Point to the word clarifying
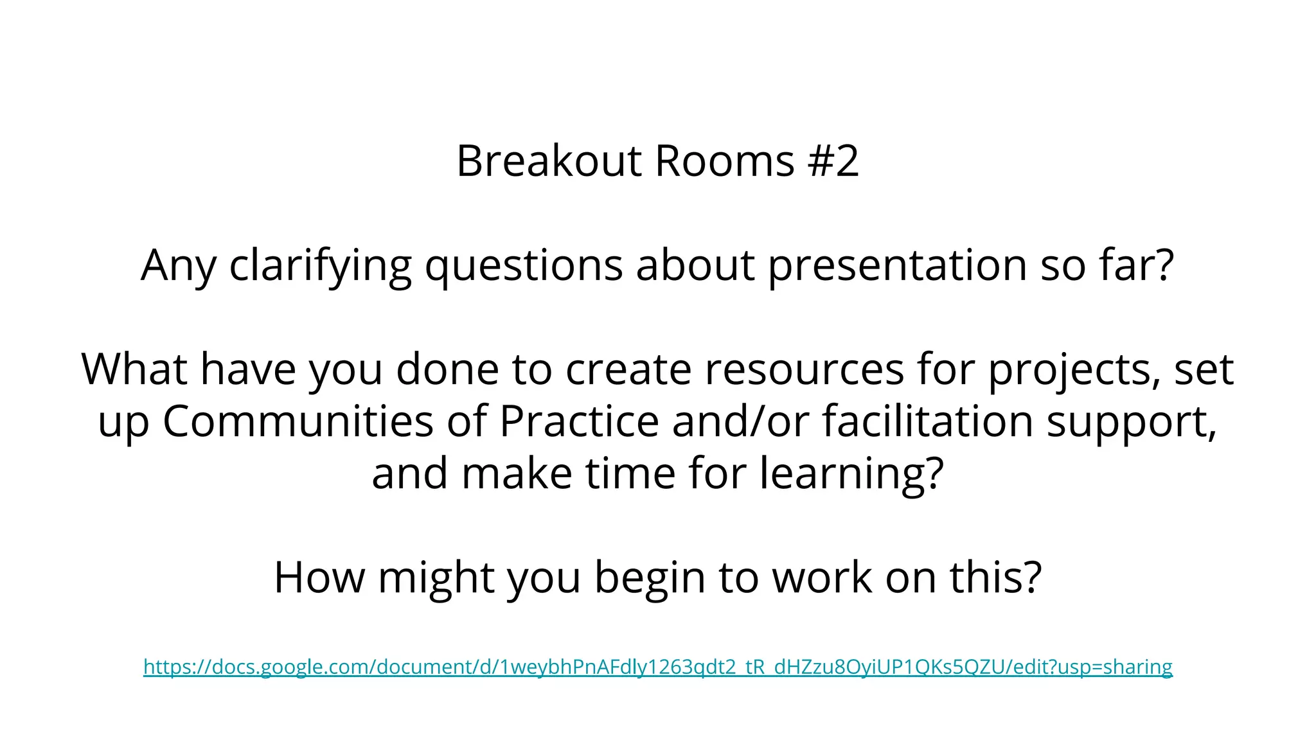[x=320, y=265]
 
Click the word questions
[x=524, y=265]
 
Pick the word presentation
[x=897, y=265]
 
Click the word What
[x=134, y=369]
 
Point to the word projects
[x=1074, y=371]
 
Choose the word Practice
[x=579, y=421]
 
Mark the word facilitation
[x=928, y=421]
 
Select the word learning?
[x=851, y=474]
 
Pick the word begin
[x=650, y=578]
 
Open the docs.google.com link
[x=658, y=667]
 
